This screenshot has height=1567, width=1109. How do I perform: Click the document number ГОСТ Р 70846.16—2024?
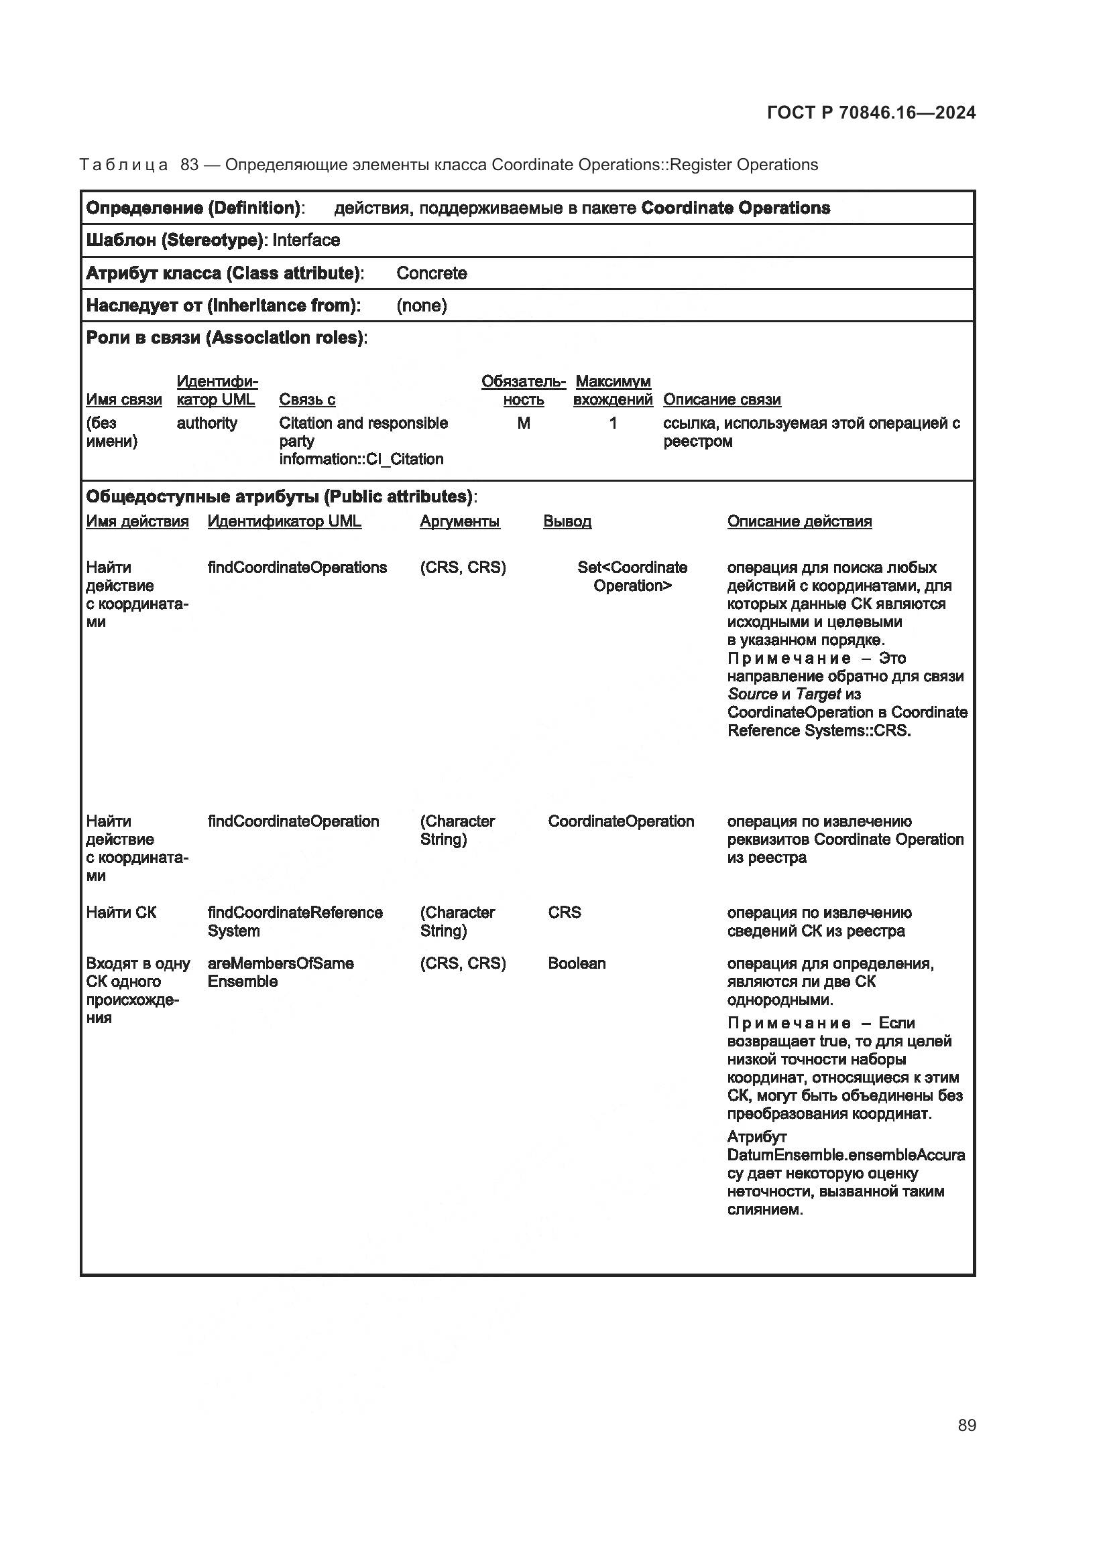pyautogui.click(x=871, y=113)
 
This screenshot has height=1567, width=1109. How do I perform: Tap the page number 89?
pyautogui.click(x=966, y=1425)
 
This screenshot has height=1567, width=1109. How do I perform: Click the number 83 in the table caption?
pyautogui.click(x=189, y=165)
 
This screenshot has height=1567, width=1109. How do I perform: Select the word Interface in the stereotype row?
pyautogui.click(x=306, y=241)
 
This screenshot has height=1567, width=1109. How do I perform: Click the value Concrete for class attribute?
pyautogui.click(x=432, y=273)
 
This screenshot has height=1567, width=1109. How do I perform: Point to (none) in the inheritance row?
pyautogui.click(x=421, y=305)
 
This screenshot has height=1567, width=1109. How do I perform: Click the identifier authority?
pyautogui.click(x=207, y=423)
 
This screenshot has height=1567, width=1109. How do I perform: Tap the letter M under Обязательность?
pyautogui.click(x=523, y=423)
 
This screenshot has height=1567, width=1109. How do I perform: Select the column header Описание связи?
pyautogui.click(x=722, y=399)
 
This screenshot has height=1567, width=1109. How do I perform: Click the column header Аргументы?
pyautogui.click(x=459, y=521)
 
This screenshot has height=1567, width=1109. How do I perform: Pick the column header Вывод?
pyautogui.click(x=567, y=521)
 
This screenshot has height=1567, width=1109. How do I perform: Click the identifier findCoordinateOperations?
pyautogui.click(x=297, y=567)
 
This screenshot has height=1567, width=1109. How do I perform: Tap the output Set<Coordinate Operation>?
pyautogui.click(x=632, y=576)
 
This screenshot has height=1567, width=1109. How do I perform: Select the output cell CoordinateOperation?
pyautogui.click(x=621, y=821)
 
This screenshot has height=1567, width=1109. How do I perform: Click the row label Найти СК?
pyautogui.click(x=121, y=912)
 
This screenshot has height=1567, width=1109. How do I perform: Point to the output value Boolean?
pyautogui.click(x=577, y=963)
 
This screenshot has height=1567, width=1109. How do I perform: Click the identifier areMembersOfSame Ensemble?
pyautogui.click(x=281, y=972)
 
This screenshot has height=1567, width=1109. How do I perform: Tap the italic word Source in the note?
pyautogui.click(x=752, y=694)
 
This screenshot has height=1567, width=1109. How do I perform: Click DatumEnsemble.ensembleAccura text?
pyautogui.click(x=846, y=1155)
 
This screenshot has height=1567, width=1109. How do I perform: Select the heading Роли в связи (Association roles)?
pyautogui.click(x=226, y=338)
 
